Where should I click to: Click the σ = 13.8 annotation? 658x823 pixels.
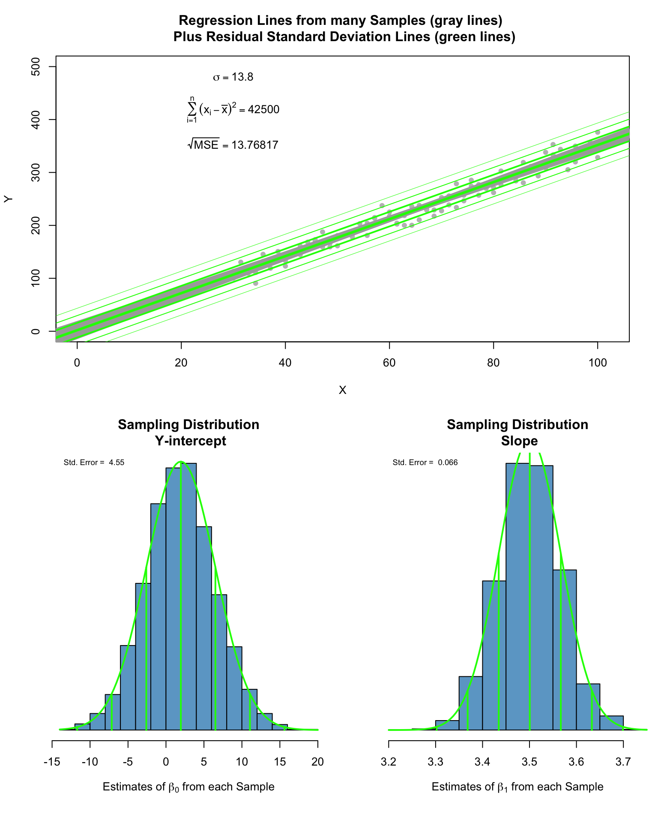point(233,77)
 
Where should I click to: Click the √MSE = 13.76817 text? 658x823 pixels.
point(233,145)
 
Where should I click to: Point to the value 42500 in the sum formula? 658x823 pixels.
point(263,110)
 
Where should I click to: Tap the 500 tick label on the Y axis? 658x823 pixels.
point(36,67)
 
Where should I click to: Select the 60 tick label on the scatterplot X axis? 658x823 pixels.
point(389,363)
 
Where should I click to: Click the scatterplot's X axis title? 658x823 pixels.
point(342,390)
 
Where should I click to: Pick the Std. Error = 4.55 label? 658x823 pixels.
point(94,463)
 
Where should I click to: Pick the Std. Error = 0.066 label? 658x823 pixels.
point(425,463)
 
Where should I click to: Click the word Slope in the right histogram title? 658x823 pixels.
point(519,441)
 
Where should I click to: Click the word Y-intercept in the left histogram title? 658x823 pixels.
point(190,441)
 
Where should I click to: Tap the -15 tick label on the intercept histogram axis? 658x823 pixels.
point(52,761)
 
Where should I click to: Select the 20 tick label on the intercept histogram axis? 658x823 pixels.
point(317,761)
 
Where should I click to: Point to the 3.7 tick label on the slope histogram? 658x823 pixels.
point(623,761)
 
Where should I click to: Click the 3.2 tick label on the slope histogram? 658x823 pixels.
point(389,761)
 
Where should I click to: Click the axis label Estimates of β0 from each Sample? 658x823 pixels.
point(188,787)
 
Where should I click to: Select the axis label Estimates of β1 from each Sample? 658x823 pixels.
point(517,787)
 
